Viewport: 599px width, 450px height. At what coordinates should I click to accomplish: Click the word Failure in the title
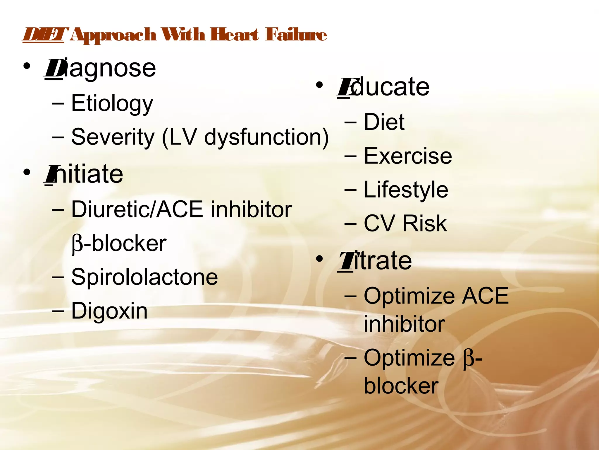[296, 35]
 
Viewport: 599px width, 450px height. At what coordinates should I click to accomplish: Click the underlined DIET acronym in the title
[43, 35]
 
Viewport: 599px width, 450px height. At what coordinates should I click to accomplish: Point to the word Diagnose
[100, 68]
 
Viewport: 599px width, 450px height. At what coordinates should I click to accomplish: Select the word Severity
[113, 137]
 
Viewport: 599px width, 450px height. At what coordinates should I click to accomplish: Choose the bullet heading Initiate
[84, 174]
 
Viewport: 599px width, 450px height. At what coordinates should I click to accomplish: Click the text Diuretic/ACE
[137, 209]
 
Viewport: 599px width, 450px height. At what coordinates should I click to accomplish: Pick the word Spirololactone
[144, 277]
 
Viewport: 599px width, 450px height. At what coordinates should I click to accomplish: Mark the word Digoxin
[109, 311]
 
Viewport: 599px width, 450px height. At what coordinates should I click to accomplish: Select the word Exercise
[408, 156]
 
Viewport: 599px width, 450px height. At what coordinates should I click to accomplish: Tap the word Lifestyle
[406, 190]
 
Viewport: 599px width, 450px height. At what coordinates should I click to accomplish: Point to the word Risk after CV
[425, 224]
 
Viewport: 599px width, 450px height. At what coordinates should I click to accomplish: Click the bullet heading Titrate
[375, 261]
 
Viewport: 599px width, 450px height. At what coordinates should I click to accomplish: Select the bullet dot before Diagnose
[27, 67]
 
